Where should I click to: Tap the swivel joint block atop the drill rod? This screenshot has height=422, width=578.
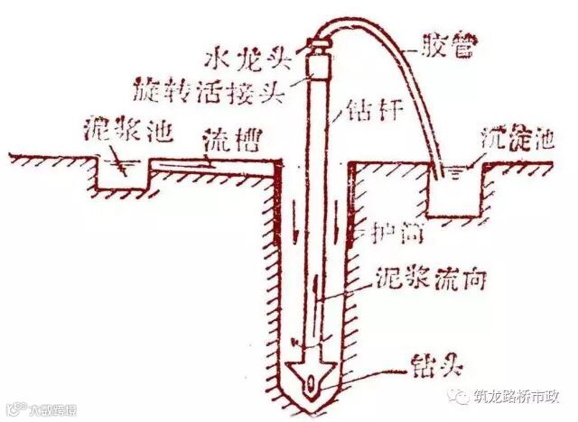coord(320,63)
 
